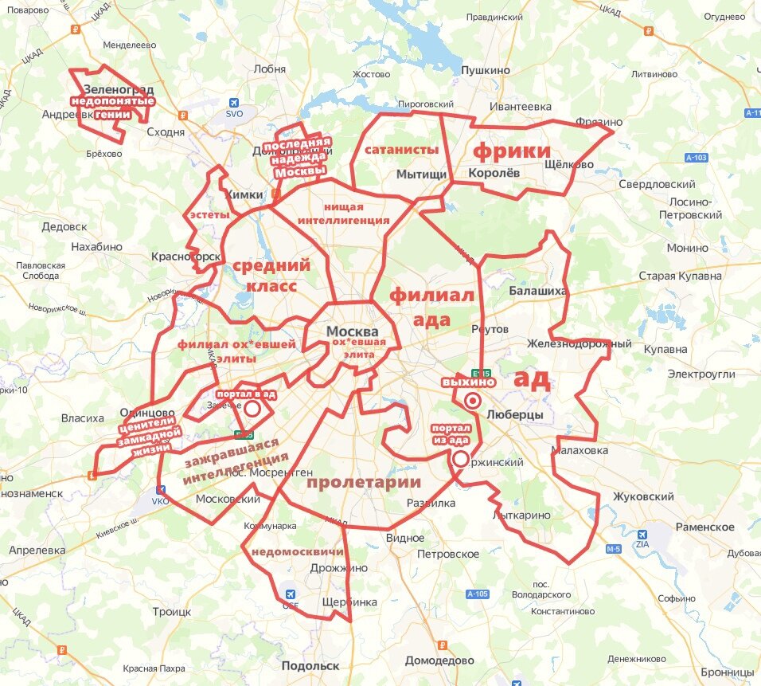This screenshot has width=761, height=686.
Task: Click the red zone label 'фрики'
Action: [x=512, y=151]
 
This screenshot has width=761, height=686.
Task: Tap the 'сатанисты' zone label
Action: [x=402, y=149]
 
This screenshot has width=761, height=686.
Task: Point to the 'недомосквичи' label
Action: [x=297, y=551]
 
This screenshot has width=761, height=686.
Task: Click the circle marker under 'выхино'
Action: [x=472, y=401]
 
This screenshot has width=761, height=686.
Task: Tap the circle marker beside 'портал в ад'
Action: [x=252, y=410]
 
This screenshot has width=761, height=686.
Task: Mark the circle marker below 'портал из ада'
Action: [x=460, y=459]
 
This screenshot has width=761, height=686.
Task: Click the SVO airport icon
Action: [x=233, y=103]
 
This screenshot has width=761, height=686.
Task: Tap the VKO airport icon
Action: [x=161, y=490]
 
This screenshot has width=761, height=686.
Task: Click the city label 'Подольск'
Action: [x=310, y=665]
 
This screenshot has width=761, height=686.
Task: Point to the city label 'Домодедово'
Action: [x=439, y=661]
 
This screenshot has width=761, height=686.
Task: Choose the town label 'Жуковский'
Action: [x=643, y=496]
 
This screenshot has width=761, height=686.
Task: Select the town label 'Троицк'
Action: [x=172, y=612]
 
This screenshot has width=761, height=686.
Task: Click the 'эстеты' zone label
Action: [x=209, y=215]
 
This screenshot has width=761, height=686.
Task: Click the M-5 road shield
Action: [x=613, y=549]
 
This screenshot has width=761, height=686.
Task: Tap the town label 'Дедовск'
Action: [x=64, y=226]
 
